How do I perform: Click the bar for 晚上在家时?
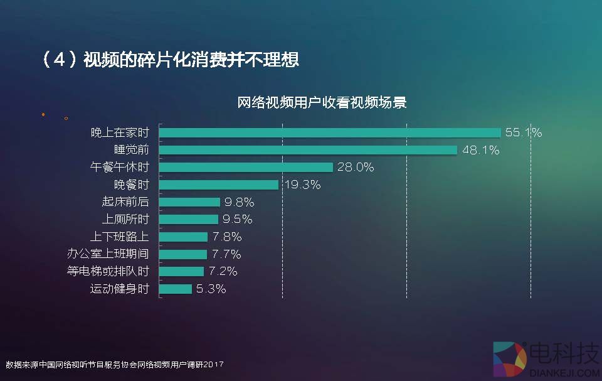330,132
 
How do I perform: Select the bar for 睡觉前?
308,150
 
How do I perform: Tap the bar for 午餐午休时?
246,167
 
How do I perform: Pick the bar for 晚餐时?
219,185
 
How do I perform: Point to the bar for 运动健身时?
176,289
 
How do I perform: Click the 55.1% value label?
524,132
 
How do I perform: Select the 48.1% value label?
480,150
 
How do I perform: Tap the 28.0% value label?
356,167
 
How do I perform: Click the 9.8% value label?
240,202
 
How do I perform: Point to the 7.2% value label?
223,271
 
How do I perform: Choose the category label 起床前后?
125,202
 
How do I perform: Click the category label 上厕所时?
125,220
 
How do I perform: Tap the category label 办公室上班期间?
108,254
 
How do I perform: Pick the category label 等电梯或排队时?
108,271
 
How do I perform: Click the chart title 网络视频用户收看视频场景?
322,102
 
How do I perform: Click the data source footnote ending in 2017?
115,364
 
